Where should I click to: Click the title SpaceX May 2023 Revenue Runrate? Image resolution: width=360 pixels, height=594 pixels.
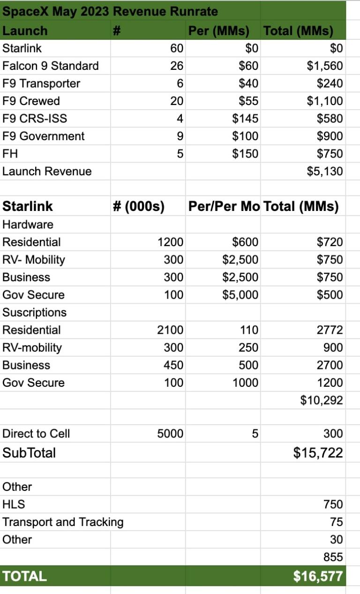pyautogui.click(x=110, y=11)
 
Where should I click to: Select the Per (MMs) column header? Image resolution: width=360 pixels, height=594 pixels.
pyautogui.click(x=218, y=31)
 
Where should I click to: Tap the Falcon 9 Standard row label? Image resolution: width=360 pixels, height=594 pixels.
pyautogui.click(x=51, y=66)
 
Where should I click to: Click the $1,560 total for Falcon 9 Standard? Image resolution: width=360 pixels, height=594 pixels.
pyautogui.click(x=325, y=66)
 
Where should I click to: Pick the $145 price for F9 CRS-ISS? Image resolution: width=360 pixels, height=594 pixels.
pyautogui.click(x=245, y=119)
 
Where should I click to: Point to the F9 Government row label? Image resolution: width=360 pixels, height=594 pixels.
pyautogui.click(x=44, y=136)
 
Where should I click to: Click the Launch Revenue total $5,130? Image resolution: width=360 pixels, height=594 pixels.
pyautogui.click(x=325, y=172)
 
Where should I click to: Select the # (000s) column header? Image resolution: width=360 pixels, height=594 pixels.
pyautogui.click(x=139, y=206)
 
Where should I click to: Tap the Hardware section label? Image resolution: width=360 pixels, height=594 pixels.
pyautogui.click(x=28, y=225)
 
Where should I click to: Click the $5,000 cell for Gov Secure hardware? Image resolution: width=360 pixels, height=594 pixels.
pyautogui.click(x=240, y=295)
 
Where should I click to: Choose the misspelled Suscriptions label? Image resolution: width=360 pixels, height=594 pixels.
pyautogui.click(x=34, y=312)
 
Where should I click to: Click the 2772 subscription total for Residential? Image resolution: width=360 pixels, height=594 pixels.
pyautogui.click(x=330, y=330)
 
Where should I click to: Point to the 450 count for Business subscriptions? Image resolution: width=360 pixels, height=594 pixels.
pyautogui.click(x=173, y=365)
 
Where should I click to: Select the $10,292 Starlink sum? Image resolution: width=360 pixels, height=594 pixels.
pyautogui.click(x=322, y=400)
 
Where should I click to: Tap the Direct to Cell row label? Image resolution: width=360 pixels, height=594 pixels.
pyautogui.click(x=36, y=434)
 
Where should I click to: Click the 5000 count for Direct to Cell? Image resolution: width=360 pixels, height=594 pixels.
pyautogui.click(x=170, y=434)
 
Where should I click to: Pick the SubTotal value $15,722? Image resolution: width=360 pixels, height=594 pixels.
pyautogui.click(x=318, y=453)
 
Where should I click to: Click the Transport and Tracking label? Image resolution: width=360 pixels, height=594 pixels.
pyautogui.click(x=63, y=522)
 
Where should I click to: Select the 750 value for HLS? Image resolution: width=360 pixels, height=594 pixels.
pyautogui.click(x=333, y=504)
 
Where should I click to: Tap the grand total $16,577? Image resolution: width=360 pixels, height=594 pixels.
pyautogui.click(x=318, y=576)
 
